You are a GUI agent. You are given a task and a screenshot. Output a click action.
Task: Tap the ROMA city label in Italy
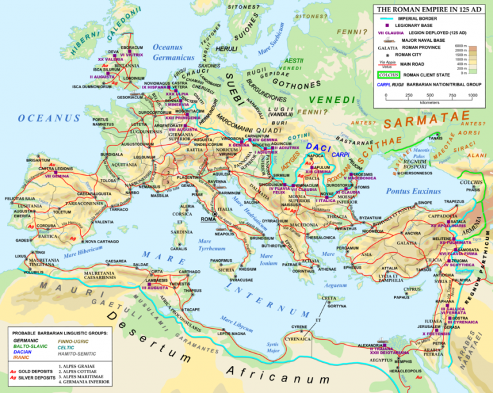point(209,219)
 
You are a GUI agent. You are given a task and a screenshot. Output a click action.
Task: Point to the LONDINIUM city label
point(134,78)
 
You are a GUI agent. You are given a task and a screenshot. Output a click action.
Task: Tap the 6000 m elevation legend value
point(460,46)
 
